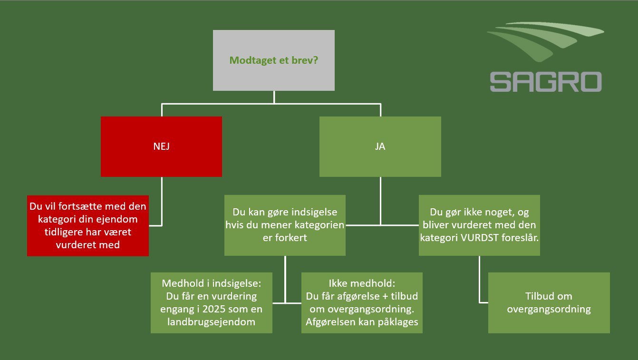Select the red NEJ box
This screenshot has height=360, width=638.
[161, 146]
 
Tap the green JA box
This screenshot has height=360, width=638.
[380, 146]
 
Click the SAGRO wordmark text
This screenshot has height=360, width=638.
[545, 82]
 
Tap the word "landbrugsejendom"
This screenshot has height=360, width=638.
[211, 321]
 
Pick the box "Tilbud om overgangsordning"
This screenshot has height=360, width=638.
[549, 302]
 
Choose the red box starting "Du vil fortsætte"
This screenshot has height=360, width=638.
[88, 225]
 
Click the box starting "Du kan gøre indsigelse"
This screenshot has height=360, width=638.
[285, 225]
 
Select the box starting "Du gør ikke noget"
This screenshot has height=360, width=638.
[479, 225]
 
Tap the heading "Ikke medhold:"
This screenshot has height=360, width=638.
[362, 283]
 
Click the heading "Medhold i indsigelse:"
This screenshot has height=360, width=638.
[211, 283]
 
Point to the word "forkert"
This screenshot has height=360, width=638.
[291, 238]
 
